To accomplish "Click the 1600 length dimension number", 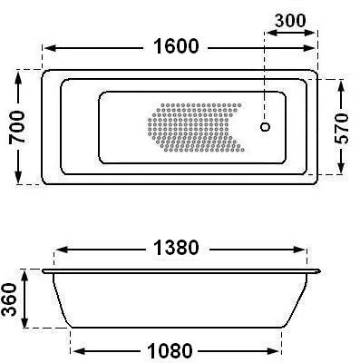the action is [x=176, y=46].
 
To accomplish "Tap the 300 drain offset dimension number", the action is [x=290, y=21].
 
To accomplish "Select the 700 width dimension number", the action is [x=16, y=127].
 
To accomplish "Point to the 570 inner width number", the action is [x=342, y=128].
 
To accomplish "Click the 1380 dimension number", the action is [x=176, y=248].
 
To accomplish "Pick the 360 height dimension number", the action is [x=8, y=299].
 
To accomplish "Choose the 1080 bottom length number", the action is [x=170, y=351].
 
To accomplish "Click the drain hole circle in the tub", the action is [x=265, y=127].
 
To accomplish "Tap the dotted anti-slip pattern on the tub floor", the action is [x=196, y=127].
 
